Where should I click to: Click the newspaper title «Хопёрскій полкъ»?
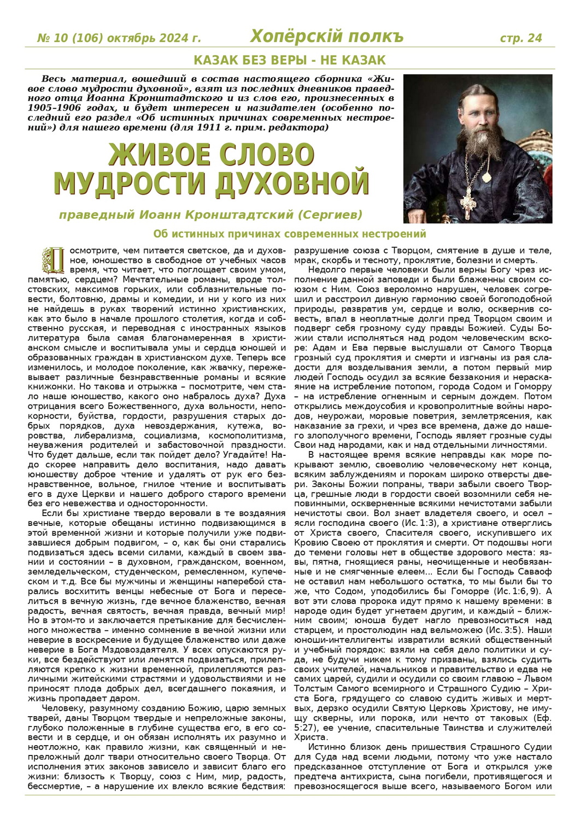[326, 37]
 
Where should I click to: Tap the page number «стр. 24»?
[521, 38]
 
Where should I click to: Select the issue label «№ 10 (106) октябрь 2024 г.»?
[119, 38]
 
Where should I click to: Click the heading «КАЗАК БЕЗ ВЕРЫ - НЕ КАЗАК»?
[290, 60]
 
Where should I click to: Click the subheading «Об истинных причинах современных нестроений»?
[290, 234]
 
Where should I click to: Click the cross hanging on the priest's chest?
[469, 202]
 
